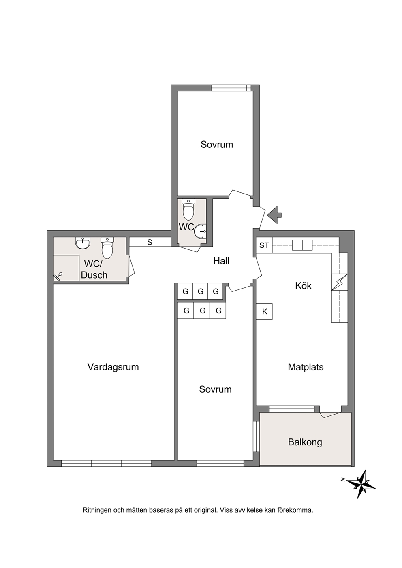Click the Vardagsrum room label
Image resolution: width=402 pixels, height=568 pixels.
point(113,367)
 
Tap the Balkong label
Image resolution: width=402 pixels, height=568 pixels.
point(305,442)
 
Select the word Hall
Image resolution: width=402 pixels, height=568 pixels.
point(221,261)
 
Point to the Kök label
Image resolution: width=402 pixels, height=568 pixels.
point(303,286)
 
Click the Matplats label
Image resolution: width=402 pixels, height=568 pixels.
point(306,367)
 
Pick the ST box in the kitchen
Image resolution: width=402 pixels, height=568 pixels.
point(264,245)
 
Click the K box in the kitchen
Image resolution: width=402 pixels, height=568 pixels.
point(264,311)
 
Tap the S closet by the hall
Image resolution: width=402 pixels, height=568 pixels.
point(150,242)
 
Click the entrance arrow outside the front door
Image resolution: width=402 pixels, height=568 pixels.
point(275,215)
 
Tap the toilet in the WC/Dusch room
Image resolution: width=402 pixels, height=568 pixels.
point(107,248)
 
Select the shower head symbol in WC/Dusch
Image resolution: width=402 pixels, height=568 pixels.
point(58,277)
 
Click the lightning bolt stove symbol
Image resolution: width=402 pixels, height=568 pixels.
point(340,282)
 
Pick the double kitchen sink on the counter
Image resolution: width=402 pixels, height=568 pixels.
point(302,245)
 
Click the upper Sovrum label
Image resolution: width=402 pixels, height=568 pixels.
point(217,144)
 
